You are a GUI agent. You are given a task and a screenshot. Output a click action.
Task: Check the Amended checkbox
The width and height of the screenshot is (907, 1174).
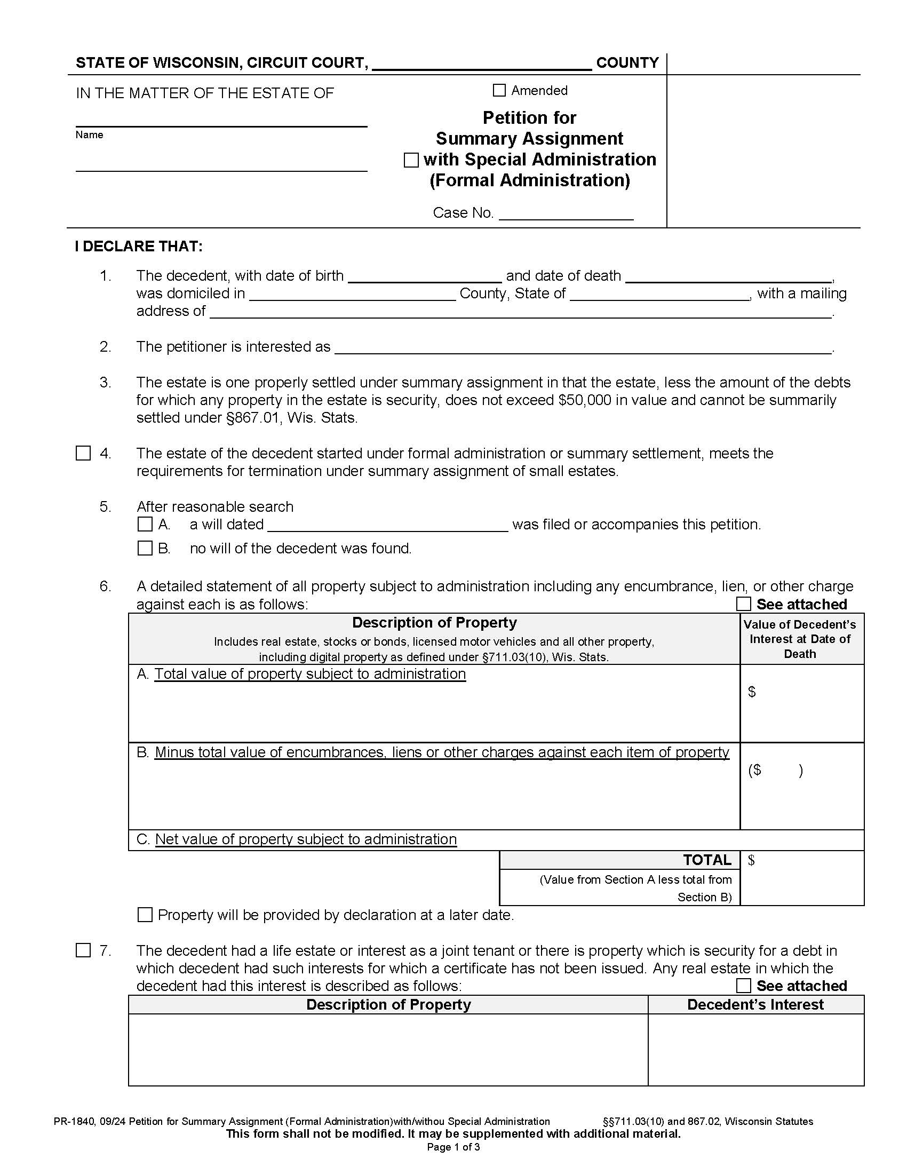(499, 90)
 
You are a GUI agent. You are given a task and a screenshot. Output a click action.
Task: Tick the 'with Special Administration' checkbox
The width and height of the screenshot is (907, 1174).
(411, 160)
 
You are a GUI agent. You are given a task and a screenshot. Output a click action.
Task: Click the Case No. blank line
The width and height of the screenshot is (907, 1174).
(566, 214)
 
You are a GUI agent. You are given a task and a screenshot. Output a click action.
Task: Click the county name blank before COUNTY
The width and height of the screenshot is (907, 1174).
(481, 64)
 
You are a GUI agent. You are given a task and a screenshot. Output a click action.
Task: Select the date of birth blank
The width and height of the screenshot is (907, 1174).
(425, 276)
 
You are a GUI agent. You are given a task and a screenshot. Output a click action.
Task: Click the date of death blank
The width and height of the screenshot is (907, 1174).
(728, 276)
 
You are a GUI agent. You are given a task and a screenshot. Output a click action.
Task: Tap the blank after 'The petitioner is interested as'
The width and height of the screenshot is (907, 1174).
(583, 347)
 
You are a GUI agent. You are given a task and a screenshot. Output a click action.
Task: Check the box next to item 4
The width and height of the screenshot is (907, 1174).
(83, 453)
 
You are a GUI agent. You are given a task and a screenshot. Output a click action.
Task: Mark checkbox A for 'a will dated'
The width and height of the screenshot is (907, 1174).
(145, 524)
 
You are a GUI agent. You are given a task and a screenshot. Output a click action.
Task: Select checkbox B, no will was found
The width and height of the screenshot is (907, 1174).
(145, 548)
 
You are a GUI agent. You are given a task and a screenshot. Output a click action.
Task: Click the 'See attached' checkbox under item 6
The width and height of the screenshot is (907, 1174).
(743, 604)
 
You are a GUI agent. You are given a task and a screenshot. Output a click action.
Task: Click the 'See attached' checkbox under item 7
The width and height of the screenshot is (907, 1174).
(743, 986)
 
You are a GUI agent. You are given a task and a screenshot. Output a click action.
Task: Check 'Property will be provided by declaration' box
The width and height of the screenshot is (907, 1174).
(145, 915)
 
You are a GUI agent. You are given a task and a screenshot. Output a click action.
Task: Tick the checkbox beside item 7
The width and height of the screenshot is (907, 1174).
(83, 950)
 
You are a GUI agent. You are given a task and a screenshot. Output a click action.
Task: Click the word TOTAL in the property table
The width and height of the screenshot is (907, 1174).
(706, 860)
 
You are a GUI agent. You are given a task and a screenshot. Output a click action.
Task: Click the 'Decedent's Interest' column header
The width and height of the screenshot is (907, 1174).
(755, 1005)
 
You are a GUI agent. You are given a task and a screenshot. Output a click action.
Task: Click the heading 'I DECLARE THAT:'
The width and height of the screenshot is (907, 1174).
(139, 247)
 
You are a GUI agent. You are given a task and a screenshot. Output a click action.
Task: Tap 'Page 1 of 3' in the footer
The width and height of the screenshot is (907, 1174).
(453, 1147)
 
